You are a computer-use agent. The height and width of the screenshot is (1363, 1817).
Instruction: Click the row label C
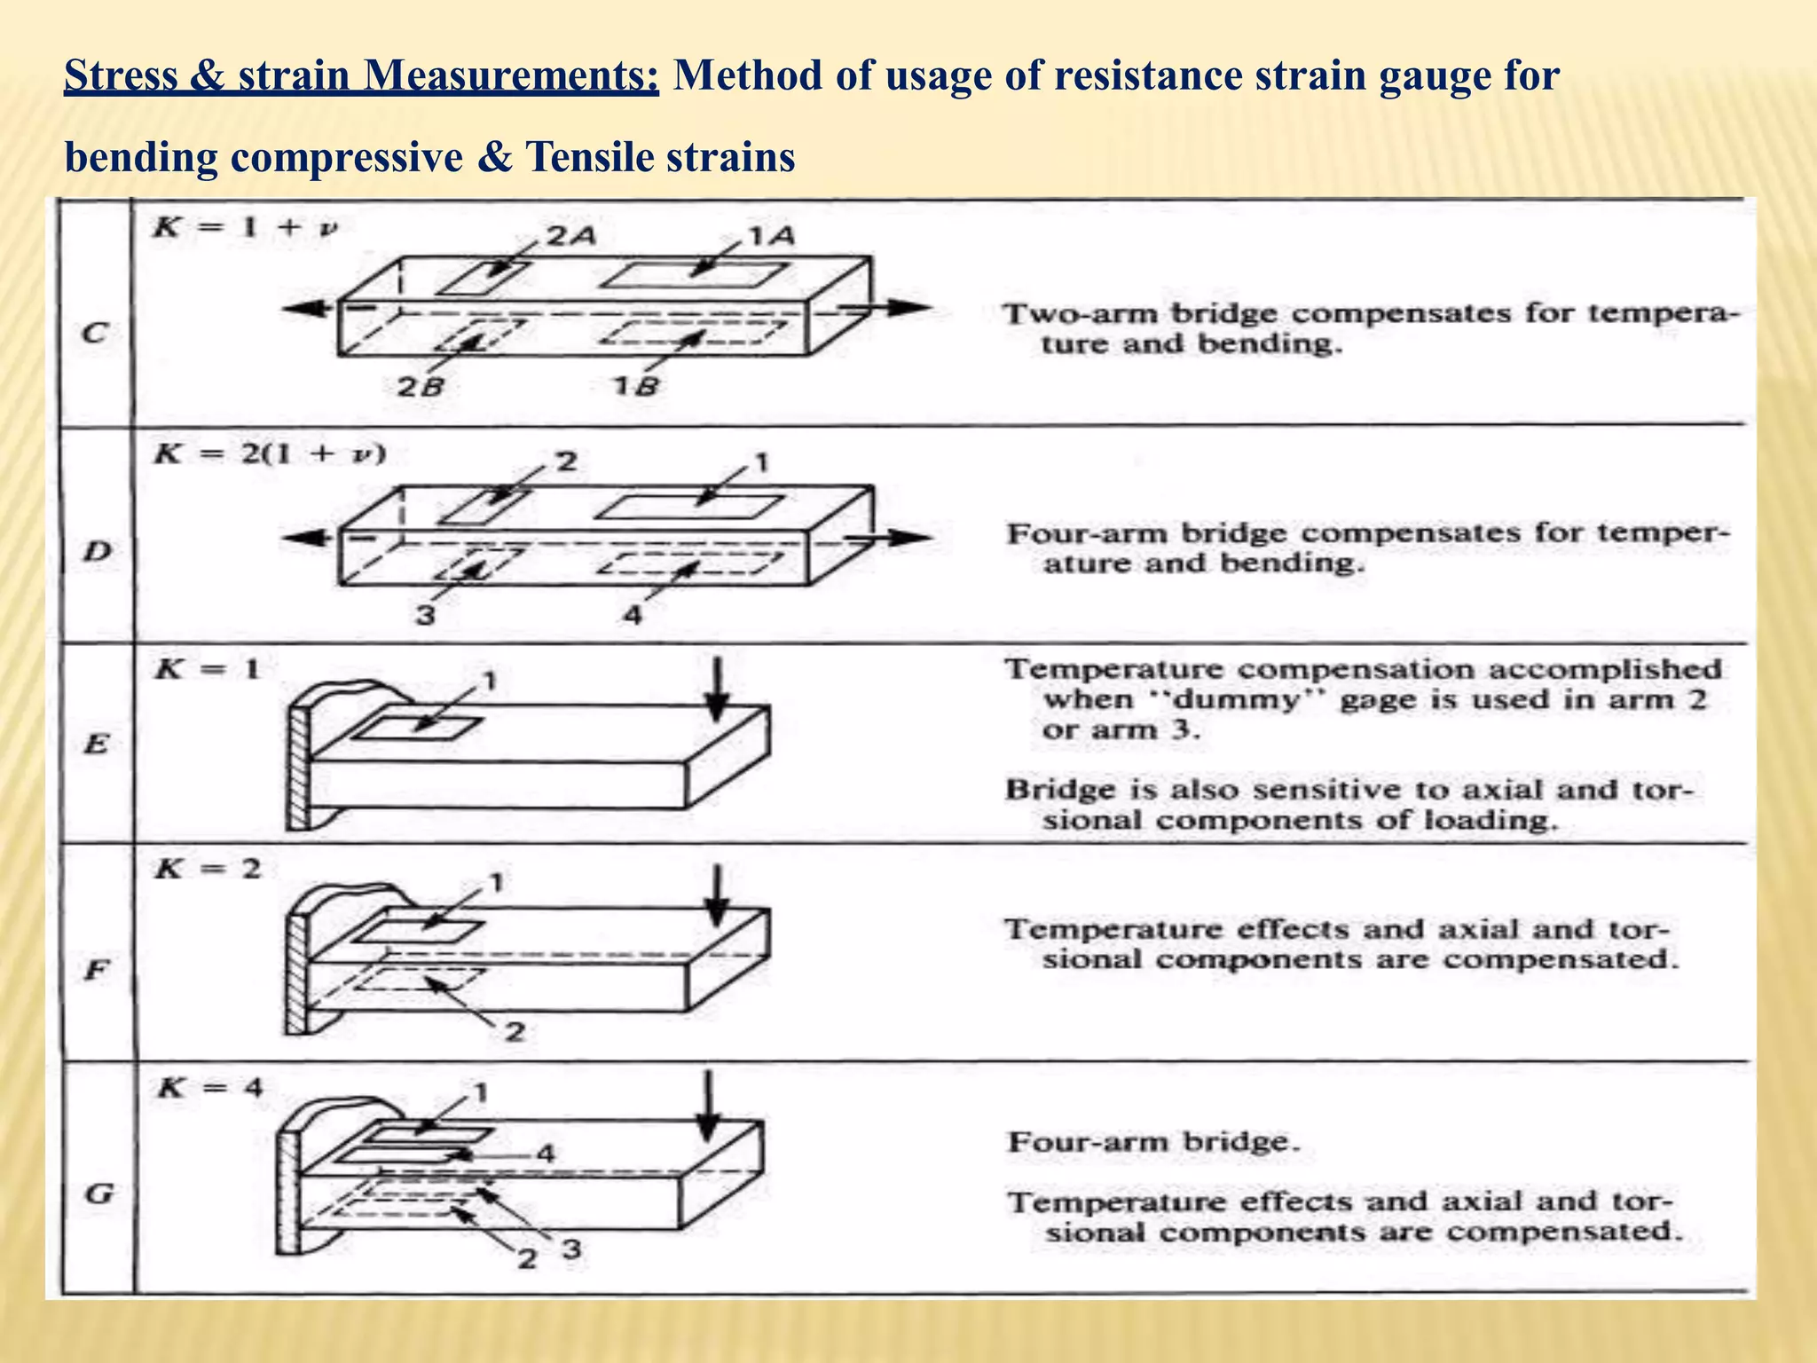(94, 334)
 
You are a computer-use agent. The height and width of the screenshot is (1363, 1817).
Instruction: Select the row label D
(97, 552)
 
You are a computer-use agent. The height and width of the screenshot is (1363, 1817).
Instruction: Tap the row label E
(95, 744)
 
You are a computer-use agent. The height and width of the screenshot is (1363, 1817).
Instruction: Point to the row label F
(95, 970)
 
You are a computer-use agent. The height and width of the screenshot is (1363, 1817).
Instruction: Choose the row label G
(98, 1194)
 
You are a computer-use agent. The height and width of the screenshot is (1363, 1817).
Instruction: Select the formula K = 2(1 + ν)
(270, 454)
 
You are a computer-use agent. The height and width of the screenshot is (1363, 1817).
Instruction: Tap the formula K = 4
(208, 1087)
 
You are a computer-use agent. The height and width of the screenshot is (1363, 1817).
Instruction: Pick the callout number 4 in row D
(632, 614)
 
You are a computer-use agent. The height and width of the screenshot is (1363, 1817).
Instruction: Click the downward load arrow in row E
(717, 690)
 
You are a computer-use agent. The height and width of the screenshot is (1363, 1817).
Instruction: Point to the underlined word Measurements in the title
(509, 76)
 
